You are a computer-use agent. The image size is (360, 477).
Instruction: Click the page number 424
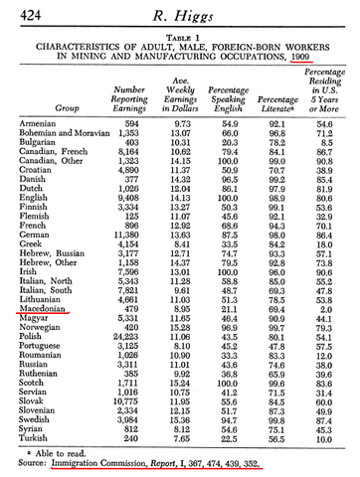pyautogui.click(x=20, y=13)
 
